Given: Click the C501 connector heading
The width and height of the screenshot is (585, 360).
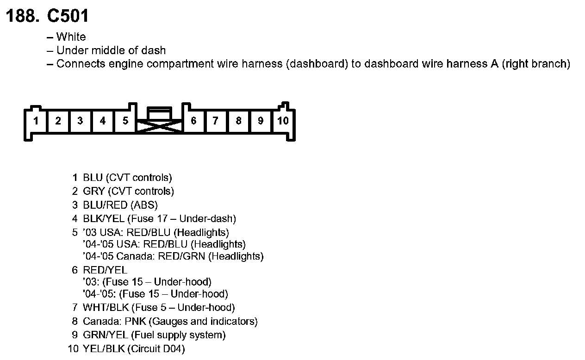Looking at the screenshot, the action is [68, 17].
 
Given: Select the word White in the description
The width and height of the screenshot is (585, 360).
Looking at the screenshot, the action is [71, 37].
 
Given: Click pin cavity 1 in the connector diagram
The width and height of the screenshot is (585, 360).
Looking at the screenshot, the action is [36, 121].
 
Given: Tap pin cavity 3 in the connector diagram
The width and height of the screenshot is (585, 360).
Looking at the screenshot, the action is [80, 121].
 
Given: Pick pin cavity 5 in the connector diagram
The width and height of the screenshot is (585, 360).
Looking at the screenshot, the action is [125, 121].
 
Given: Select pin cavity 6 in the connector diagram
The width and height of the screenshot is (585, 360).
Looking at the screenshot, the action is [193, 121].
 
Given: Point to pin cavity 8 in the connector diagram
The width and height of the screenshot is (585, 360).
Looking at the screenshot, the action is [238, 121].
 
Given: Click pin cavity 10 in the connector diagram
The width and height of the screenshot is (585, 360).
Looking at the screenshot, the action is [283, 121].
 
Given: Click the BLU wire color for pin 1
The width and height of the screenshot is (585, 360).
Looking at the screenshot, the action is [93, 178].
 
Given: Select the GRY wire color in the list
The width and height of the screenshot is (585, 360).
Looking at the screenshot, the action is [93, 191].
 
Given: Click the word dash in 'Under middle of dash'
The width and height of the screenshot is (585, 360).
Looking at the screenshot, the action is [156, 50].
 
